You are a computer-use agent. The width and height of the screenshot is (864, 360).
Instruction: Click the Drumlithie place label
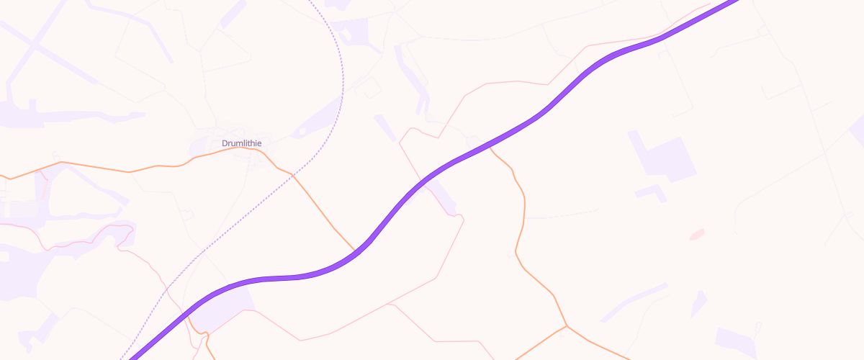coord(241,143)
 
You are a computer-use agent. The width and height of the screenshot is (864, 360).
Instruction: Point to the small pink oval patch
coord(696,235)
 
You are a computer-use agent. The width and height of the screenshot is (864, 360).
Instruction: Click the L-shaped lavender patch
coord(652,192)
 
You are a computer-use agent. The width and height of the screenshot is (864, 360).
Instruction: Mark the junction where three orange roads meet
coord(567,326)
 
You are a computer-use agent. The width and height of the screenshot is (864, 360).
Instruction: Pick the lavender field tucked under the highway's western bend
coord(220,310)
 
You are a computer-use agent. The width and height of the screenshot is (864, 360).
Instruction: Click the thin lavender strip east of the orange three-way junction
coord(634,302)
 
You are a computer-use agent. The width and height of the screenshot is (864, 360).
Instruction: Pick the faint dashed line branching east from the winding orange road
coord(562,215)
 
